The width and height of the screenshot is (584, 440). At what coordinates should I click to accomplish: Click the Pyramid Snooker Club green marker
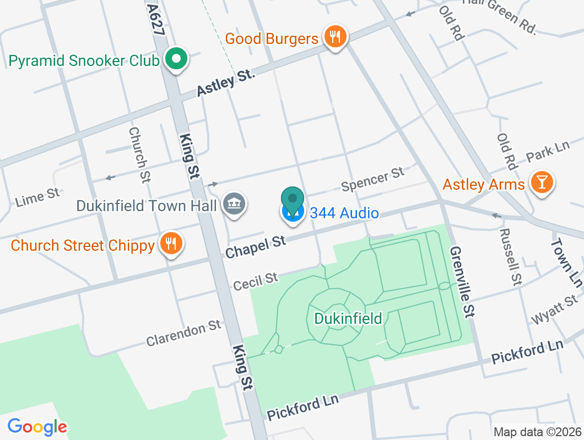(176, 58)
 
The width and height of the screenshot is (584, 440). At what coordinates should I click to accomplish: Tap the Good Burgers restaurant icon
(334, 37)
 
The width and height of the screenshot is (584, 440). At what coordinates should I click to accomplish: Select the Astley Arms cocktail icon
(542, 182)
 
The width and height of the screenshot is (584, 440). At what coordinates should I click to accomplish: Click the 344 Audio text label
(344, 213)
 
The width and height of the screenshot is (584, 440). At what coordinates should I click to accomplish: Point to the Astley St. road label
(226, 84)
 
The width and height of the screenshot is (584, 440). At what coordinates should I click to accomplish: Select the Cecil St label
(256, 282)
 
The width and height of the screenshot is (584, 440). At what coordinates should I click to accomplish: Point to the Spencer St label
(372, 180)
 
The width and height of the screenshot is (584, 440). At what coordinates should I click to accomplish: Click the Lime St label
(37, 196)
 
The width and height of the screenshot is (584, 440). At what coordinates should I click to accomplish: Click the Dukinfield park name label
(348, 318)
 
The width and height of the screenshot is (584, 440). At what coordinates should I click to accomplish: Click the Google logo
(37, 426)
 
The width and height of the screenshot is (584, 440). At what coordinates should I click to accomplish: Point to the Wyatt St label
(554, 310)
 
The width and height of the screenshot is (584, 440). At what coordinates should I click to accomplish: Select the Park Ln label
(547, 152)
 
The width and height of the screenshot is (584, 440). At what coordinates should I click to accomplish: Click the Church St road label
(139, 155)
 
